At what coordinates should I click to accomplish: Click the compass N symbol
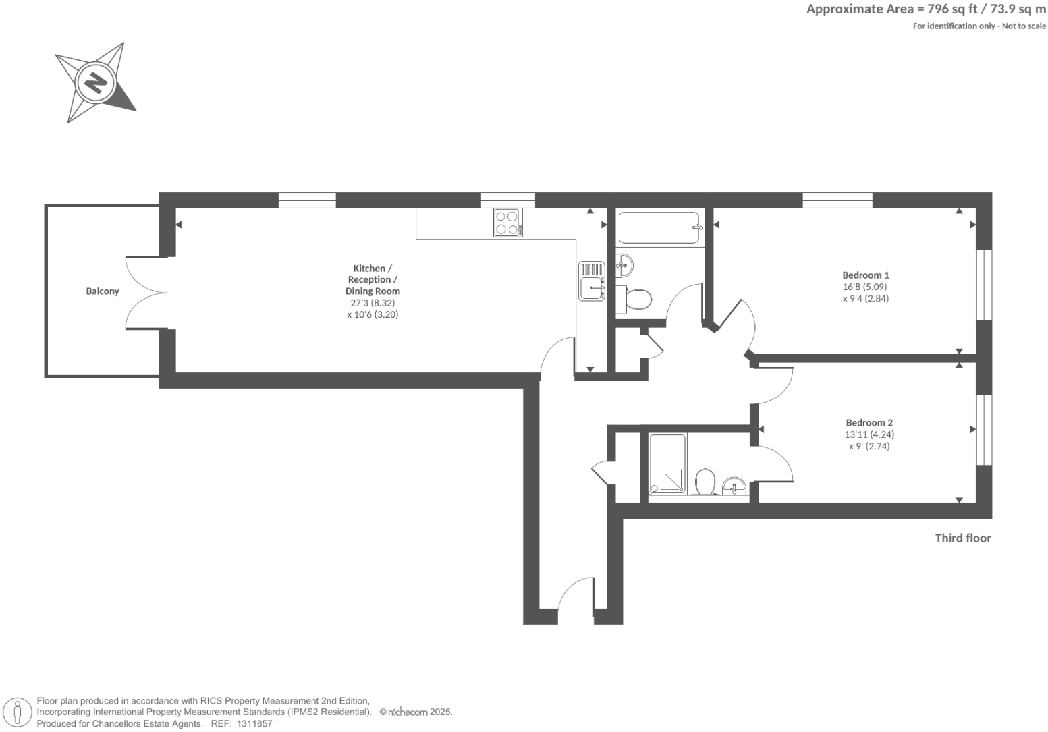pyautogui.click(x=95, y=83)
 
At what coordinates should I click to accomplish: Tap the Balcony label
pyautogui.click(x=103, y=291)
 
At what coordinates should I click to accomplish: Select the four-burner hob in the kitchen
pyautogui.click(x=507, y=223)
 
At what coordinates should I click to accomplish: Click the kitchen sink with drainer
pyautogui.click(x=592, y=281)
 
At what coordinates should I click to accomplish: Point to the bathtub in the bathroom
pyautogui.click(x=659, y=228)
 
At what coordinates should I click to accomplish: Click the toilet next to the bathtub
pyautogui.click(x=638, y=299)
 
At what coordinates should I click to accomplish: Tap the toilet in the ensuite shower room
pyautogui.click(x=705, y=482)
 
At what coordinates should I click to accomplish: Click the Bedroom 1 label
pyautogui.click(x=865, y=275)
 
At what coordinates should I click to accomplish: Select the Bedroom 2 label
pyautogui.click(x=869, y=423)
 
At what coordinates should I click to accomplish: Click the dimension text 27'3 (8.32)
pyautogui.click(x=373, y=303)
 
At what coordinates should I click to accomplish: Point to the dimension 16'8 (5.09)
pyautogui.click(x=865, y=287)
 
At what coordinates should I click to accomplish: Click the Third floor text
pyautogui.click(x=962, y=538)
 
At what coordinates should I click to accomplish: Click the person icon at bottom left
pyautogui.click(x=18, y=712)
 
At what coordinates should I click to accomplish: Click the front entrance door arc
pyautogui.click(x=576, y=594)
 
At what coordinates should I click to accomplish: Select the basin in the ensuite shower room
pyautogui.click(x=735, y=485)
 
